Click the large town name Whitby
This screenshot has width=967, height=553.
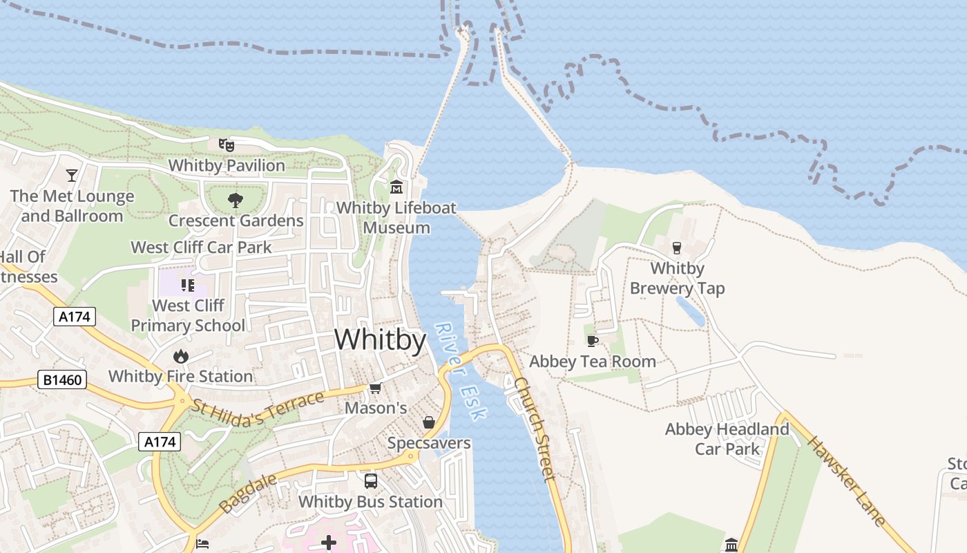coord(380,340)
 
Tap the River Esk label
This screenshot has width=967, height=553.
coord(461,371)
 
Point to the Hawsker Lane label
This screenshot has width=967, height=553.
coord(845,481)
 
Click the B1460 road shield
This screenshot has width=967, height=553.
coord(61,379)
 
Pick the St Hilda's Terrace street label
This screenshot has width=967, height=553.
coord(258,411)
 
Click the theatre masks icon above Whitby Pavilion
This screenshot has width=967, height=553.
coord(226,145)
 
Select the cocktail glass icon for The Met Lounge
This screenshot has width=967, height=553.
coord(72,175)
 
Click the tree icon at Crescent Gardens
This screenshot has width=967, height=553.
coord(236,200)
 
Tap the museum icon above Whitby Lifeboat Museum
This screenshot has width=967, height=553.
coord(396,187)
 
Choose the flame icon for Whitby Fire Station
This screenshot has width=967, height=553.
coord(181,356)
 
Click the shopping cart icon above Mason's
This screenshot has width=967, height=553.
coord(375,388)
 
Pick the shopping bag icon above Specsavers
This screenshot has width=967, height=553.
coord(429,422)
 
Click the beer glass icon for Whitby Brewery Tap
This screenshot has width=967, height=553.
coord(677,247)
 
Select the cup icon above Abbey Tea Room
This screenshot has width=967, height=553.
coord(592,340)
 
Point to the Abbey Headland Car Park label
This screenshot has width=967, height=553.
coord(727,439)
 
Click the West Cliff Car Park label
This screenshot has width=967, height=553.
coord(201,247)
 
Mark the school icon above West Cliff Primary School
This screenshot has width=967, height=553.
coord(188,285)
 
